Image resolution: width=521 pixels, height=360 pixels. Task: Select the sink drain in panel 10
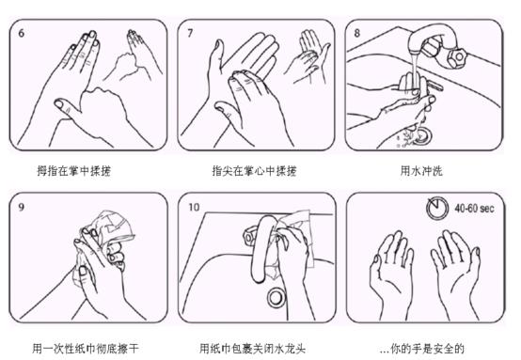(276, 298)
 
